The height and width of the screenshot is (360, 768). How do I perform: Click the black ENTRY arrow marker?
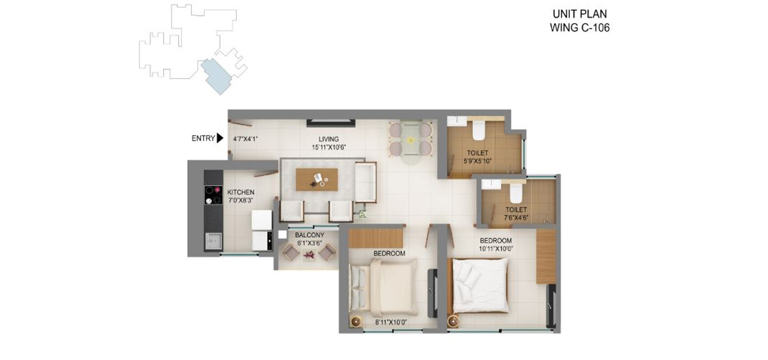(x=220, y=138)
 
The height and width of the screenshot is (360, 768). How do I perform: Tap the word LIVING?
(x=329, y=139)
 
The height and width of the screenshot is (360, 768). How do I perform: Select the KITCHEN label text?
(x=241, y=192)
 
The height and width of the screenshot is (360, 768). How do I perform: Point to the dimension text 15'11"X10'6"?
(x=329, y=147)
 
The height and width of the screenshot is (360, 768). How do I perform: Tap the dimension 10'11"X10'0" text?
(x=495, y=248)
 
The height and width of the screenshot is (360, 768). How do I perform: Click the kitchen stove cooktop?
(x=213, y=195)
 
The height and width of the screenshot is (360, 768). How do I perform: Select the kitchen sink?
(x=213, y=241)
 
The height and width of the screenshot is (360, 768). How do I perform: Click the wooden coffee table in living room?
(x=317, y=179)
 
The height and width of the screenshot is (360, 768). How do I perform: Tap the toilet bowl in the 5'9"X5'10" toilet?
(x=479, y=131)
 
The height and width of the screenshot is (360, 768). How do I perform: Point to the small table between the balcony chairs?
(x=309, y=255)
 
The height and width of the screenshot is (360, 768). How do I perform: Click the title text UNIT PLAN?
(x=580, y=15)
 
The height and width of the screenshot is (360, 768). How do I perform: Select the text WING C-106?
(x=580, y=28)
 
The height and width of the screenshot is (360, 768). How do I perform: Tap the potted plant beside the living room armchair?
(x=363, y=214)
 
